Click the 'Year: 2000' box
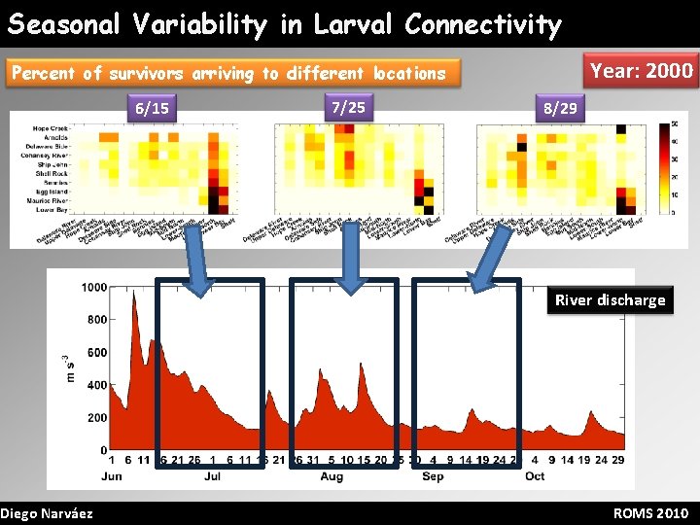[642, 70]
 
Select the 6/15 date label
[152, 108]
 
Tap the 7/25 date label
[348, 106]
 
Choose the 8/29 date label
[560, 108]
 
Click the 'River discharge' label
[610, 299]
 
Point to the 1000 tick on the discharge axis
[94, 287]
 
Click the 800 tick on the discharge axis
[96, 320]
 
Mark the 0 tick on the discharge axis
[102, 451]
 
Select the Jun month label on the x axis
[112, 476]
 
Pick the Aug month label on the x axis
[332, 476]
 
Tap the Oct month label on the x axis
[535, 476]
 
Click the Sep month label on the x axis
[433, 476]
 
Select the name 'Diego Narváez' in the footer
[47, 513]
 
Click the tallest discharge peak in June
[133, 297]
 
